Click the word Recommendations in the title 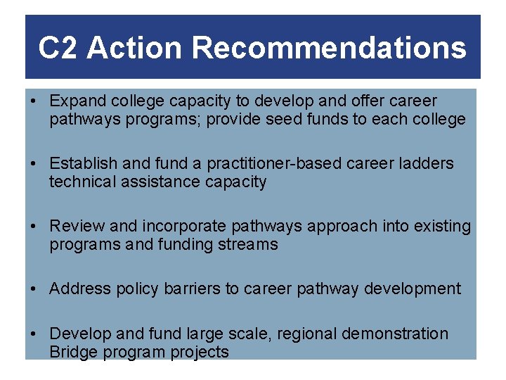[x=328, y=49]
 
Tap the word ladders [x=427, y=164]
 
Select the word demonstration [x=398, y=334]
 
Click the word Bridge [x=72, y=352]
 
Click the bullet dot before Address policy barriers [x=34, y=289]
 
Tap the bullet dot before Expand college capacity [x=34, y=101]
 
